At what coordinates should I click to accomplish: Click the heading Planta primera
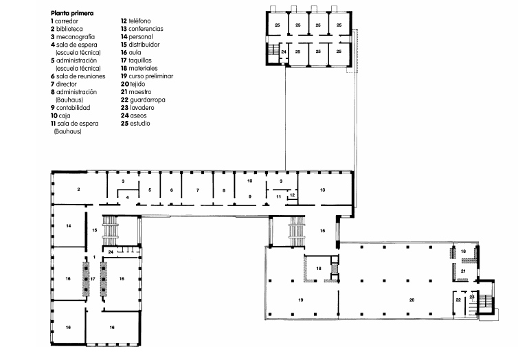pos(72,13)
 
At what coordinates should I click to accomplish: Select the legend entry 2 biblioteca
pos(67,29)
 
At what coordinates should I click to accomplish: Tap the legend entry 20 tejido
pos(133,85)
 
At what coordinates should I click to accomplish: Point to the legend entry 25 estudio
pos(135,124)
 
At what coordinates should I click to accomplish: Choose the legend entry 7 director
pos(63,85)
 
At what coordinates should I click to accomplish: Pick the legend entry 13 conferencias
pos(142,29)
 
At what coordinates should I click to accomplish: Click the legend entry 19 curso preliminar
pos(147,76)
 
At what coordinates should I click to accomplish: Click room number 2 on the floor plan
pos(78,190)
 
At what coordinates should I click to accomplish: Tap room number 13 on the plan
pos(323,190)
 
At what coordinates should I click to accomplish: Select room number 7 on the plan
pos(198,190)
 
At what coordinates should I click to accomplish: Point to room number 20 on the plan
pos(412,300)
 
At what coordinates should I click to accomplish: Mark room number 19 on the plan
pos(301,300)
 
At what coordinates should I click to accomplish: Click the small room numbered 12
pos(293,195)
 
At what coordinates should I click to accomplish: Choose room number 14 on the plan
pos(69,226)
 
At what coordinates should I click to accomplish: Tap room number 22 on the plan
pos(458,300)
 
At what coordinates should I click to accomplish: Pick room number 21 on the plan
pos(463,271)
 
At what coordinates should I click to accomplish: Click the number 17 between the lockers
pos(93,279)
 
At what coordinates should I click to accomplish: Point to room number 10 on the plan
pos(250,181)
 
